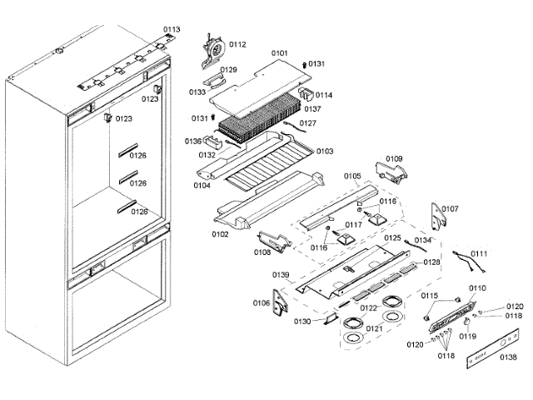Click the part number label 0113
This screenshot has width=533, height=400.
tap(171, 29)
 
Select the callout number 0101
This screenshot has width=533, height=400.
tap(279, 52)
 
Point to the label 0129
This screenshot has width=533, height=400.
tap(229, 70)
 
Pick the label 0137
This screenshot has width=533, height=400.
tap(312, 108)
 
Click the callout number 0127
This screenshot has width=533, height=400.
tap(308, 123)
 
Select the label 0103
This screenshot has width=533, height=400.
tap(324, 151)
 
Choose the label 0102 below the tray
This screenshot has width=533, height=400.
tap(220, 234)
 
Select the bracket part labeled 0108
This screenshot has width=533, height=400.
tap(275, 241)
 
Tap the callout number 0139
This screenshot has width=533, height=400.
tap(281, 275)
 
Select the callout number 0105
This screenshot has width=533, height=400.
tap(351, 176)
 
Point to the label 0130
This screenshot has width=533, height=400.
tap(302, 322)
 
